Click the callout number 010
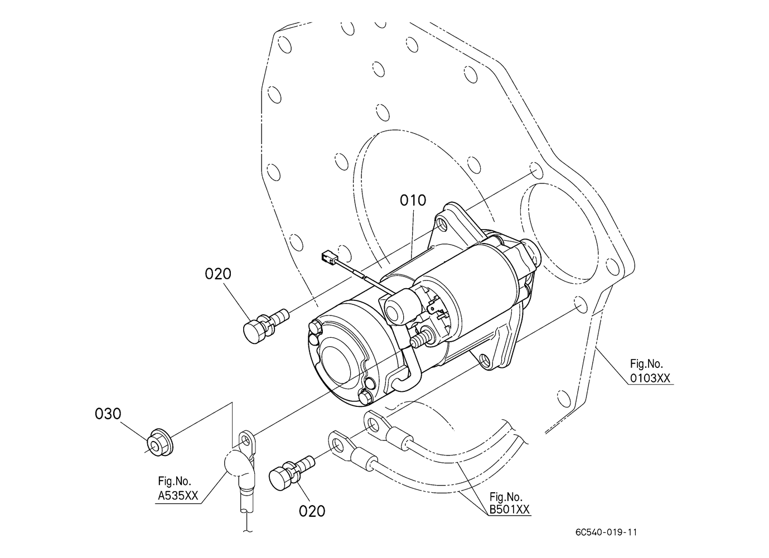pyautogui.click(x=413, y=201)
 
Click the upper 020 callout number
pyautogui.click(x=218, y=274)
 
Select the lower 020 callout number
pyautogui.click(x=312, y=512)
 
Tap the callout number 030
pyautogui.click(x=108, y=414)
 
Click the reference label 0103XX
pyautogui.click(x=650, y=378)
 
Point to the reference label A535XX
pyautogui.click(x=178, y=496)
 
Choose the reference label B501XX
pyautogui.click(x=510, y=510)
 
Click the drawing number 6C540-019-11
pyautogui.click(x=606, y=532)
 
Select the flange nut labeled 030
pyautogui.click(x=161, y=443)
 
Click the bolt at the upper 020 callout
pyautogui.click(x=265, y=325)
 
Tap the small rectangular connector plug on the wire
pyautogui.click(x=329, y=257)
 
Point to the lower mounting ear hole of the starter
pyautogui.click(x=486, y=360)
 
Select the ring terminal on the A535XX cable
pyautogui.click(x=246, y=445)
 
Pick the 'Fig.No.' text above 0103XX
pyautogui.click(x=646, y=364)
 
